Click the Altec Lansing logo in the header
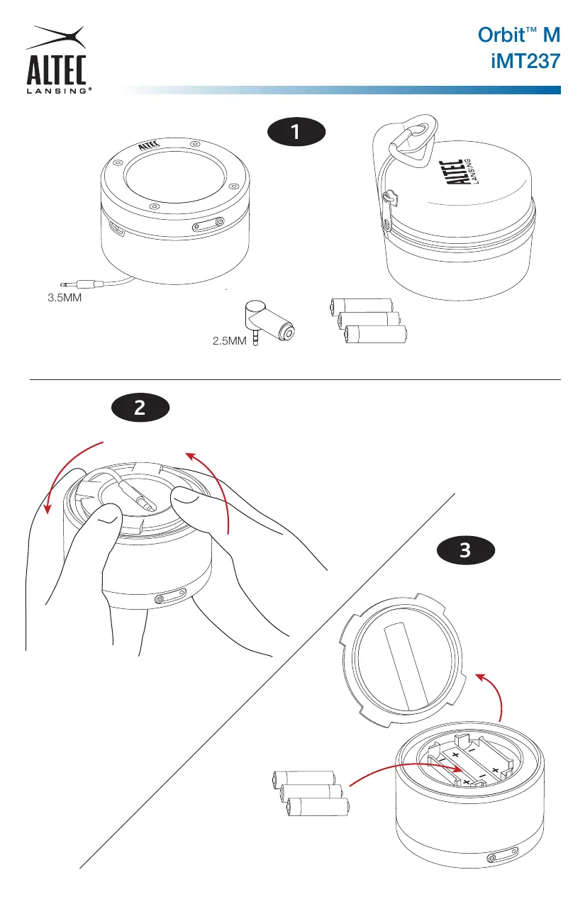pyautogui.click(x=57, y=60)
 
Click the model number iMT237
pyautogui.click(x=525, y=62)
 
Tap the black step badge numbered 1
pyautogui.click(x=296, y=132)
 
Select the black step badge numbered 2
pyautogui.click(x=140, y=408)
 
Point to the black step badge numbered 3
pyautogui.click(x=466, y=550)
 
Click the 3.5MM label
pyautogui.click(x=65, y=298)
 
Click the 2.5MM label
pyautogui.click(x=229, y=341)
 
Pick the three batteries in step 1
pyautogui.click(x=368, y=321)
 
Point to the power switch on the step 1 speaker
pyautogui.click(x=208, y=224)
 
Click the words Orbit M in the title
pyautogui.click(x=519, y=35)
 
